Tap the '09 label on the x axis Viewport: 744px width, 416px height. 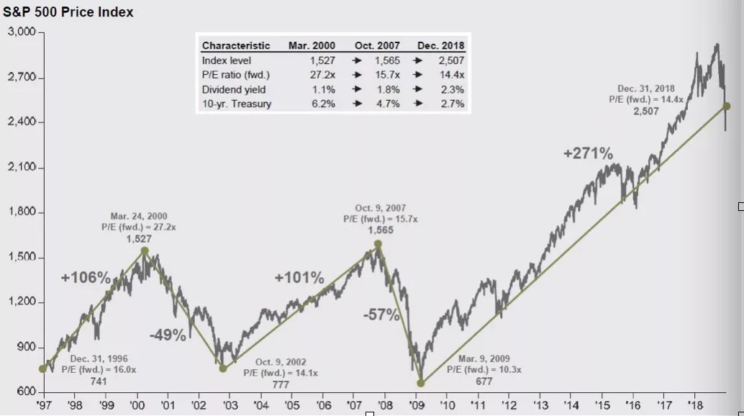(x=416, y=405)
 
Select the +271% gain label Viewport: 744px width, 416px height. (x=588, y=153)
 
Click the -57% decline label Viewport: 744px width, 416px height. (x=379, y=314)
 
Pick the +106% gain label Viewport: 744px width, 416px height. (x=85, y=278)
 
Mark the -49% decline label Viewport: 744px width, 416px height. (x=168, y=335)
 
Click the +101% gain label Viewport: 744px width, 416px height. (x=299, y=278)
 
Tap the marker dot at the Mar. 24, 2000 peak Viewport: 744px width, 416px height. (x=145, y=251)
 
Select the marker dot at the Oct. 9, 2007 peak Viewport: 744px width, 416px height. (x=378, y=245)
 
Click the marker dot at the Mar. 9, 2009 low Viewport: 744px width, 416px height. (x=421, y=383)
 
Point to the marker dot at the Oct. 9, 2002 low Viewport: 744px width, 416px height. (x=223, y=368)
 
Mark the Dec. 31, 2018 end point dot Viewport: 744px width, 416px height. (x=727, y=106)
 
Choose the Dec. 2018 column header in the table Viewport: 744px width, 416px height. (x=440, y=46)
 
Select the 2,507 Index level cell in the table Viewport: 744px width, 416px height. (x=449, y=60)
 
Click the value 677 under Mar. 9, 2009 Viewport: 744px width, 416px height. (x=484, y=381)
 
